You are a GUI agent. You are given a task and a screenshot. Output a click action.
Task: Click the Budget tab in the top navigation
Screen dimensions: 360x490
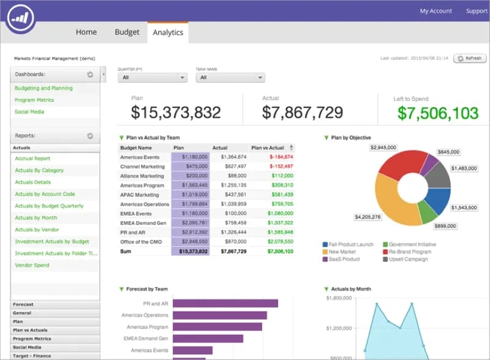pyautogui.click(x=127, y=32)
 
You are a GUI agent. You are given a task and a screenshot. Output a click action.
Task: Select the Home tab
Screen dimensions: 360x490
pyautogui.click(x=86, y=32)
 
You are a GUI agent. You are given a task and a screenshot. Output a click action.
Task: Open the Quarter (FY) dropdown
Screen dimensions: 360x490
pyautogui.click(x=153, y=77)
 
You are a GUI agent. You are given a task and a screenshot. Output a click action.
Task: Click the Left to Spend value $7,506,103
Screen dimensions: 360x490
pyautogui.click(x=438, y=113)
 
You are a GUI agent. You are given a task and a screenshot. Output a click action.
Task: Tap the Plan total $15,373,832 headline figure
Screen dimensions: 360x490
pyautogui.click(x=176, y=113)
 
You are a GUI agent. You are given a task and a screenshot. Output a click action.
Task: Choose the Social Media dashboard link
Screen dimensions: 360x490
pyautogui.click(x=29, y=112)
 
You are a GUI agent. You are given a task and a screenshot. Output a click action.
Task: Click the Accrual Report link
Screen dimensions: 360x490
pyautogui.click(x=32, y=159)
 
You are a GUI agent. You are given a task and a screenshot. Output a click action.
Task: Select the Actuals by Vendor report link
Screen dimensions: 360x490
pyautogui.click(x=37, y=230)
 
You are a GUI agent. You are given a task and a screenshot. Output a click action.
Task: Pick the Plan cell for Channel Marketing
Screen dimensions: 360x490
pyautogui.click(x=190, y=166)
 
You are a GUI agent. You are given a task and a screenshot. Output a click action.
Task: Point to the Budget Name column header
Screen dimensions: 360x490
pyautogui.click(x=136, y=148)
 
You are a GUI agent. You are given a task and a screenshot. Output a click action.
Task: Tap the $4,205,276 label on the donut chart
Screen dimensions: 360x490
pyautogui.click(x=367, y=217)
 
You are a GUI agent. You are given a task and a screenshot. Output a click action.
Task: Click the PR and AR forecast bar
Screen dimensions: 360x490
pyautogui.click(x=225, y=304)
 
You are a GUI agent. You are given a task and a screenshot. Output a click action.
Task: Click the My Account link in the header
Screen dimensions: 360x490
pyautogui.click(x=435, y=11)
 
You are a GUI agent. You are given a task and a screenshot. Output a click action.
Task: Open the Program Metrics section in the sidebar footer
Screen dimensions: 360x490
pyautogui.click(x=32, y=339)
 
